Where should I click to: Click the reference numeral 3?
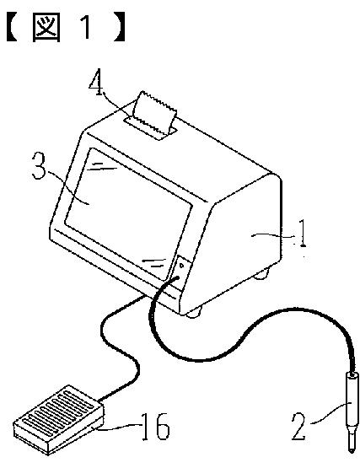pos(40,166)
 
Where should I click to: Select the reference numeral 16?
pos(155,427)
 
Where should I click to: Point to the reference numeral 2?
pos(299,427)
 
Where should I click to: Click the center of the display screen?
pos(128,213)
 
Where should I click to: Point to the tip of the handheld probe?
pos(352,450)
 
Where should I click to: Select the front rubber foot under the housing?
pos(194,313)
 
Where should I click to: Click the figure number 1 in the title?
pos(86,27)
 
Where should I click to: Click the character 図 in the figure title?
pos(46,28)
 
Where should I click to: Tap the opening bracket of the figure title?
pos(12,28)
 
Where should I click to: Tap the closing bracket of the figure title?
pos(118,28)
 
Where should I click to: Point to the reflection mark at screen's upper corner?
pos(102,166)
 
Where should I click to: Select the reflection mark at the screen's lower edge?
pos(154,263)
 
